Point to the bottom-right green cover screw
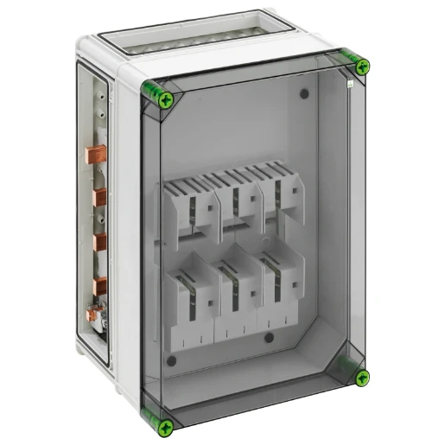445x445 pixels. pos(362,377)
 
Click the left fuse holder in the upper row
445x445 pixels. pos(198,208)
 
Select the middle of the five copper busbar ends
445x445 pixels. pos(99,243)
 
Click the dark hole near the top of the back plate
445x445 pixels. pos(304,93)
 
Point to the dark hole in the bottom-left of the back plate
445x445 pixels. pos(172,360)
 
